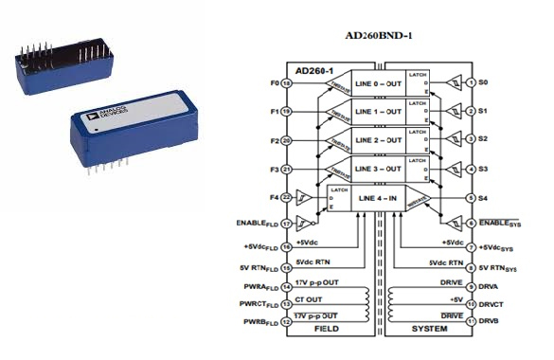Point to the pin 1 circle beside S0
click(470, 82)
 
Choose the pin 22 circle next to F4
click(285, 197)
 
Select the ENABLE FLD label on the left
click(254, 225)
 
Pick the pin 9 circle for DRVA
click(470, 286)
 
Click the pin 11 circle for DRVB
click(470, 322)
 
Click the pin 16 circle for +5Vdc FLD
click(285, 245)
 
